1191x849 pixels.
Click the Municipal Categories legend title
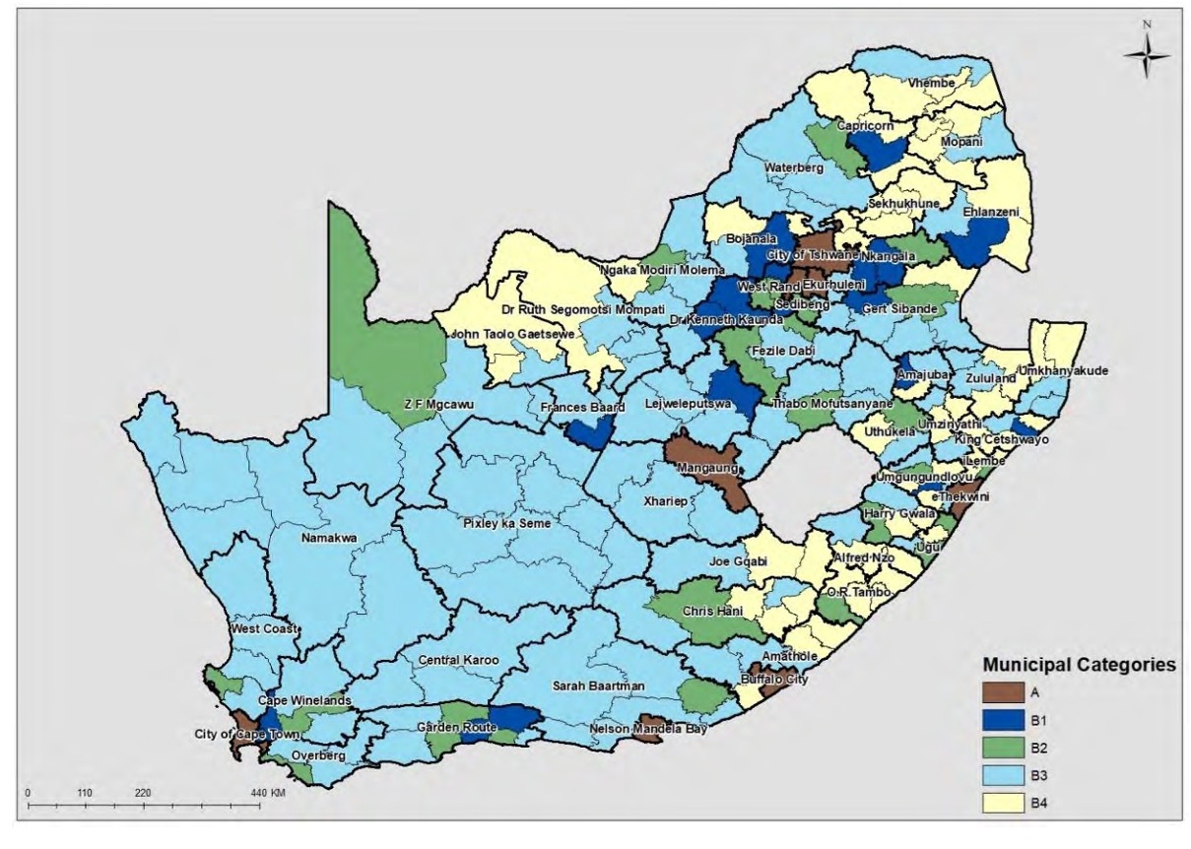coord(1079,665)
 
